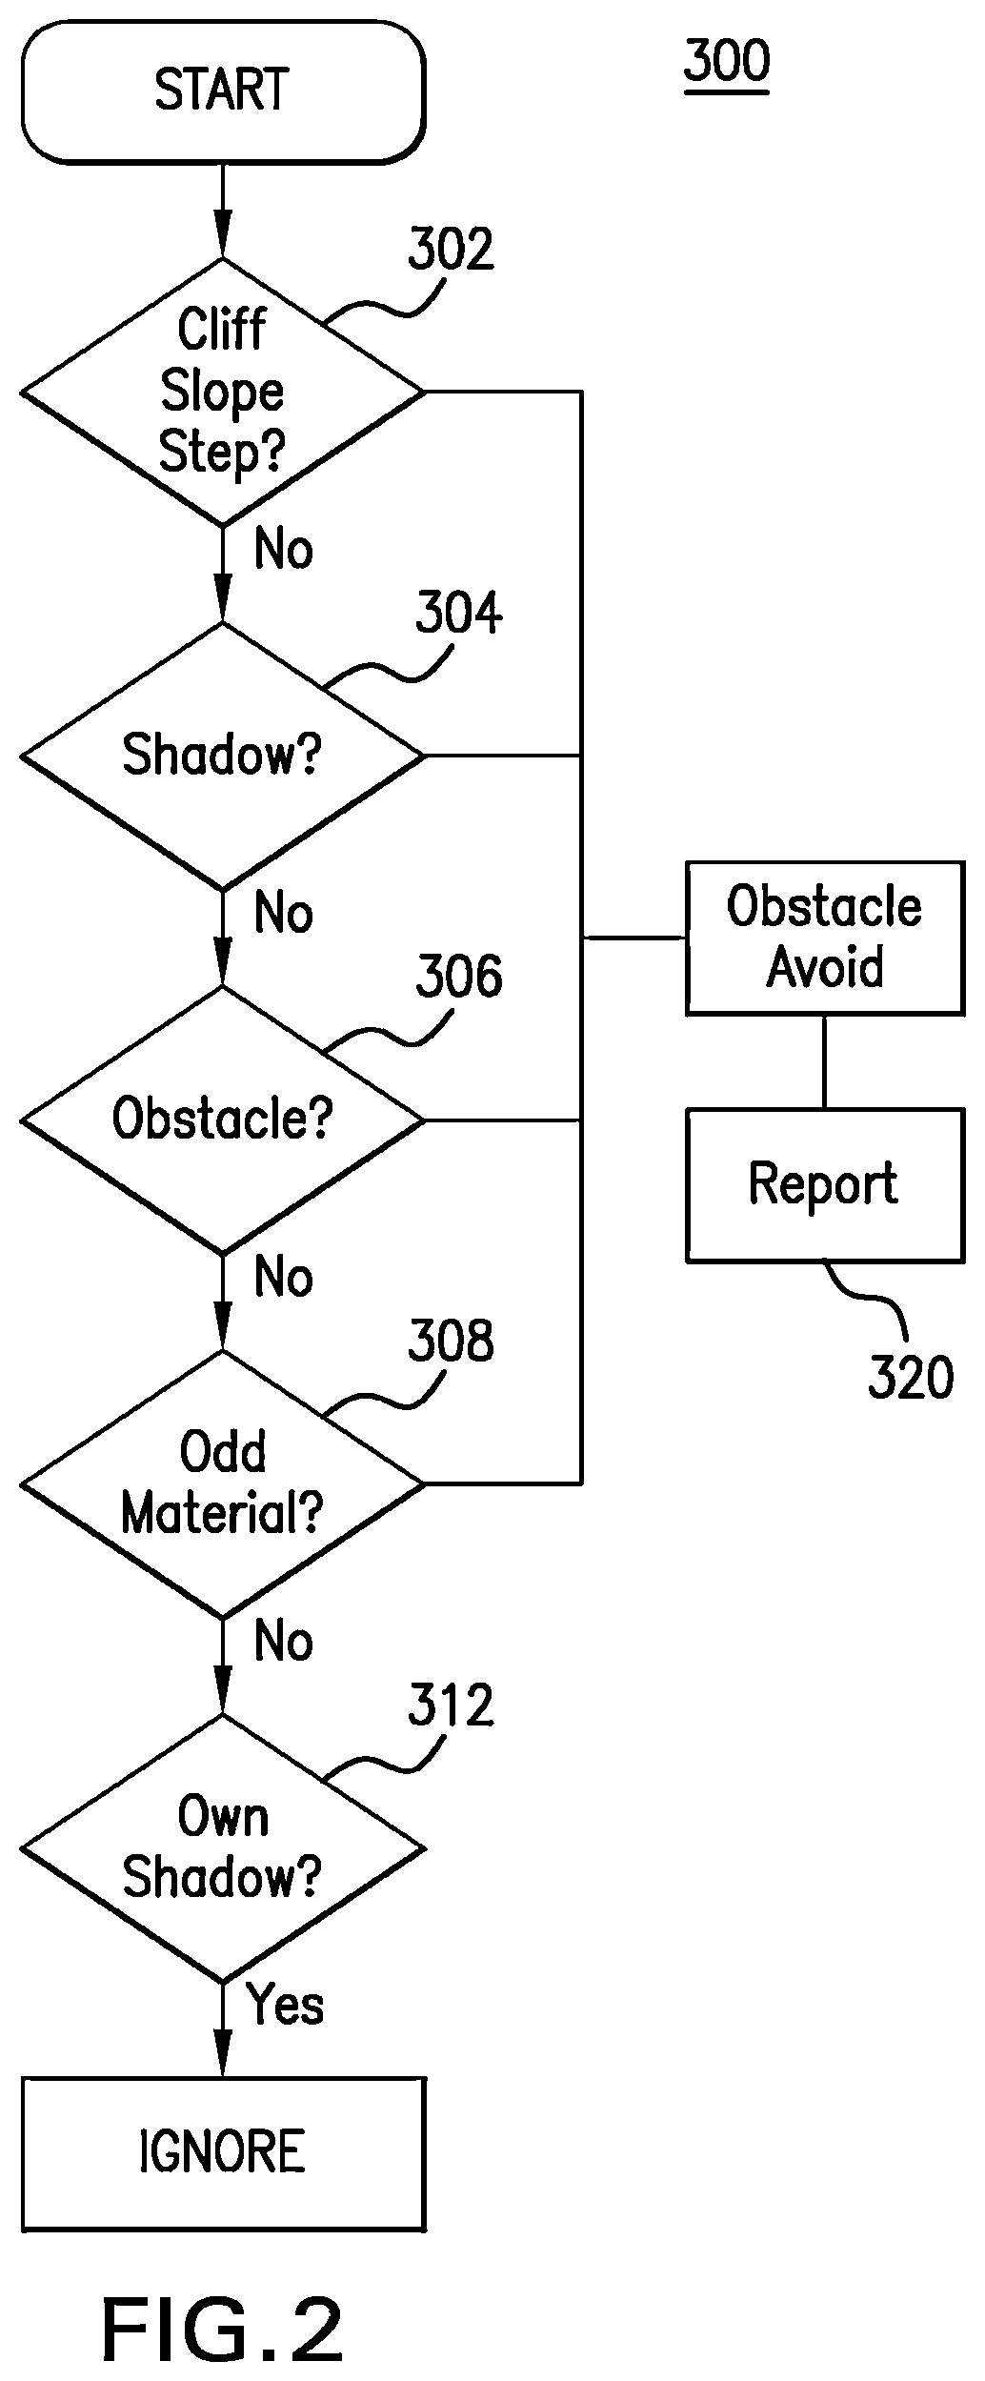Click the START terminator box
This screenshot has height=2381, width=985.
point(223,91)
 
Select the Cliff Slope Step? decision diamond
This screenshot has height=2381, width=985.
point(223,392)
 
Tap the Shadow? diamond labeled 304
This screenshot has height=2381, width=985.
point(223,757)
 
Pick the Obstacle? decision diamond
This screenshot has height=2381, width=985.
point(223,1120)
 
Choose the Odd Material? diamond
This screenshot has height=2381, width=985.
point(223,1483)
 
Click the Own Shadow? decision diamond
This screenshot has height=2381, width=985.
point(223,1848)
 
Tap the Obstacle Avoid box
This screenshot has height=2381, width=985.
point(824,938)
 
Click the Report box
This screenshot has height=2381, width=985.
point(824,1185)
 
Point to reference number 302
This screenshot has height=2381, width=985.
point(451,250)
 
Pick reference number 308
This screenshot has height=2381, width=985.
point(451,1341)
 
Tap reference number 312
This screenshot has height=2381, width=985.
point(451,1705)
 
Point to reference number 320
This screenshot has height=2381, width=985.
point(911,1379)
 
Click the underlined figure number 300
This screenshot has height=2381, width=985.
point(727,63)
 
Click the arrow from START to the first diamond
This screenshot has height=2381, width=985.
point(223,211)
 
